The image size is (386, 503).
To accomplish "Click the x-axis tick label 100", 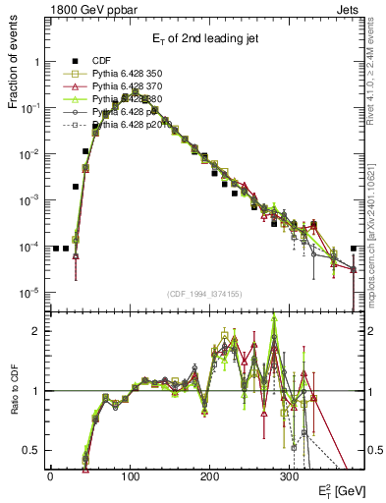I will [x=130, y=475].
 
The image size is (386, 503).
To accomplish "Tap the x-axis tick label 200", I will [x=209, y=475].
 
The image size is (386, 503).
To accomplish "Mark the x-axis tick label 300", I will [x=289, y=475].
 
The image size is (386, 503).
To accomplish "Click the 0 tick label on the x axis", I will [x=50, y=475].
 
